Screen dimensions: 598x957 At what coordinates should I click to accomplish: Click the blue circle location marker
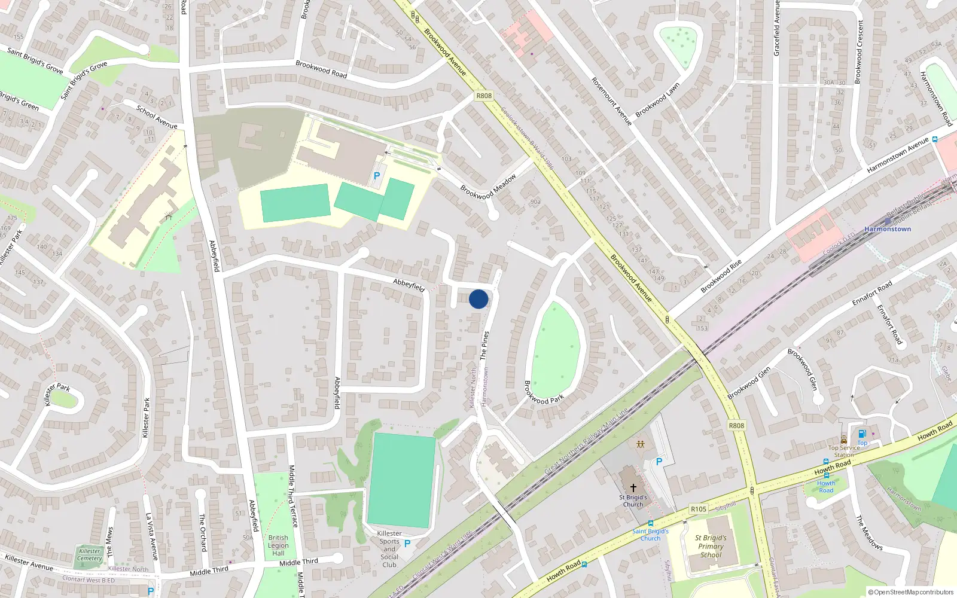[x=478, y=299]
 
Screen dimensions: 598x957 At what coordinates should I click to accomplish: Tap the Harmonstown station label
[x=888, y=229]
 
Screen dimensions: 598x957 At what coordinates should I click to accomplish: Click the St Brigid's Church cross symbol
[x=633, y=488]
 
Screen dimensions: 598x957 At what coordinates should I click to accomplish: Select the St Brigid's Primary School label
[x=711, y=546]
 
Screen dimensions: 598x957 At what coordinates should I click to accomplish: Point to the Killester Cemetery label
[x=90, y=555]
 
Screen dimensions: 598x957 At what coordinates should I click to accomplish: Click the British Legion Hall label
[x=278, y=545]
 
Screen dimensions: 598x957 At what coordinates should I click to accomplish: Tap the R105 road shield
[x=698, y=509]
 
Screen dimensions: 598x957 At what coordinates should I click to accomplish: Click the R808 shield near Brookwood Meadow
[x=484, y=96]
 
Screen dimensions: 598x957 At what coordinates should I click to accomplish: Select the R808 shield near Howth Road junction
[x=736, y=426]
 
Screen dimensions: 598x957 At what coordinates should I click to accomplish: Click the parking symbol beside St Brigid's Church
[x=659, y=462]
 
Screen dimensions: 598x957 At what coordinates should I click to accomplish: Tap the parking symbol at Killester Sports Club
[x=407, y=544]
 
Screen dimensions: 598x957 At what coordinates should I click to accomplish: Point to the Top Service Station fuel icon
[x=862, y=434]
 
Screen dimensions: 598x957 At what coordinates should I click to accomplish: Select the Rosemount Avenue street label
[x=611, y=101]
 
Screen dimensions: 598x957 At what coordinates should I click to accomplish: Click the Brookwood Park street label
[x=544, y=392]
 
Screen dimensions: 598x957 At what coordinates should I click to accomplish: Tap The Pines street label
[x=484, y=345]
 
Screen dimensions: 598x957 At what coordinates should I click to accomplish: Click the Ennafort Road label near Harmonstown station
[x=871, y=293]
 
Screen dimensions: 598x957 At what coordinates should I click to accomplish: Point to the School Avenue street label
[x=157, y=117]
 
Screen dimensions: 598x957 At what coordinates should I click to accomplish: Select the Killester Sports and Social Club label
[x=389, y=549]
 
